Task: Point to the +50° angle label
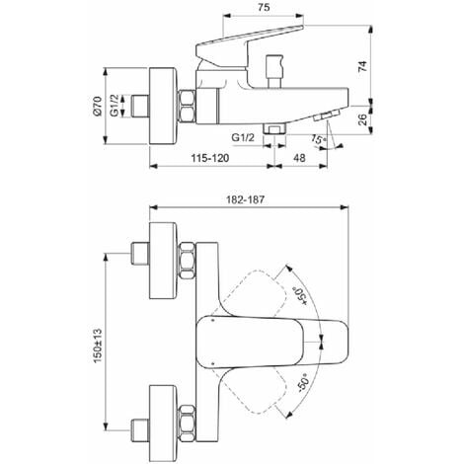pyautogui.click(x=300, y=295)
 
